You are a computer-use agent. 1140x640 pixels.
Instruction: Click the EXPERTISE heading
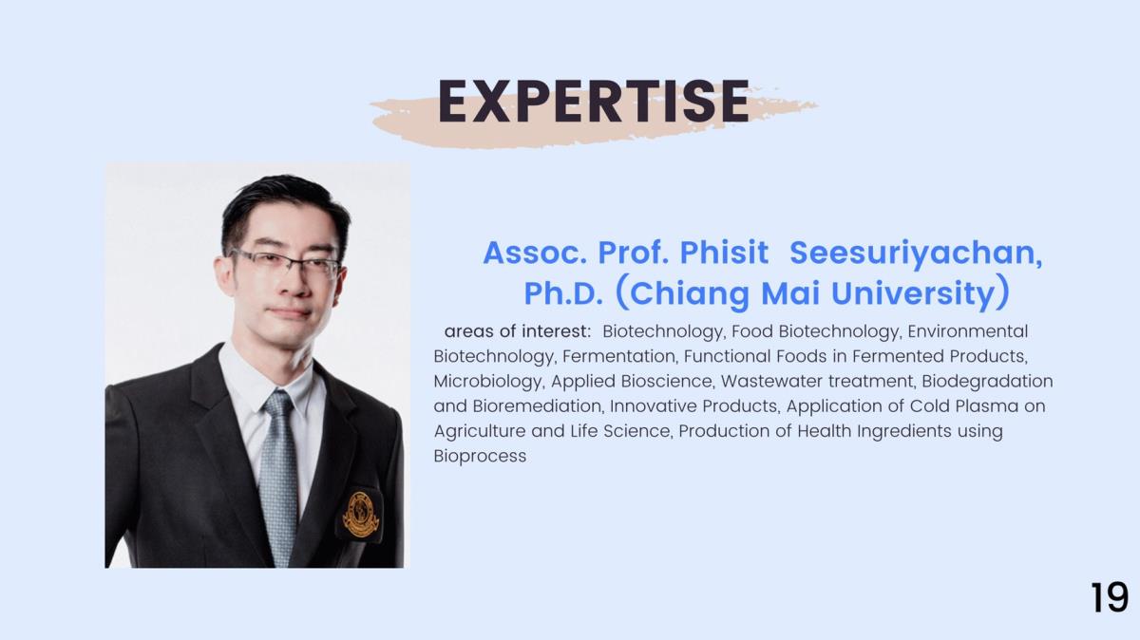tap(594, 102)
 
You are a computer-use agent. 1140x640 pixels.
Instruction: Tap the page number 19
tap(1110, 597)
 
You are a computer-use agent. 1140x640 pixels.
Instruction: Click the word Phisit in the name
tap(724, 253)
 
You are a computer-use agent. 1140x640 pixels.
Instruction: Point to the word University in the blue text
tap(913, 294)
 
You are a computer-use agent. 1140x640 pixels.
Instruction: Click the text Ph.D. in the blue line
tap(563, 293)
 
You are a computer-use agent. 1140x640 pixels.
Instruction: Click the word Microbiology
tap(488, 382)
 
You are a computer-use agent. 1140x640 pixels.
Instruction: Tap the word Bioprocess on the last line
tap(480, 457)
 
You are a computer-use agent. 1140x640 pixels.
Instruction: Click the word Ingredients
tap(904, 431)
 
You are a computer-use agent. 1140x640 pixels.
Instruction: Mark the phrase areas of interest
tap(518, 331)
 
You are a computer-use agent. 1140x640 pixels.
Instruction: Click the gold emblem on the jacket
tap(361, 515)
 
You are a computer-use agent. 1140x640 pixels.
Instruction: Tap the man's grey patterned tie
tap(279, 473)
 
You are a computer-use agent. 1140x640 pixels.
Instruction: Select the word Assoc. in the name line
tap(535, 253)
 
